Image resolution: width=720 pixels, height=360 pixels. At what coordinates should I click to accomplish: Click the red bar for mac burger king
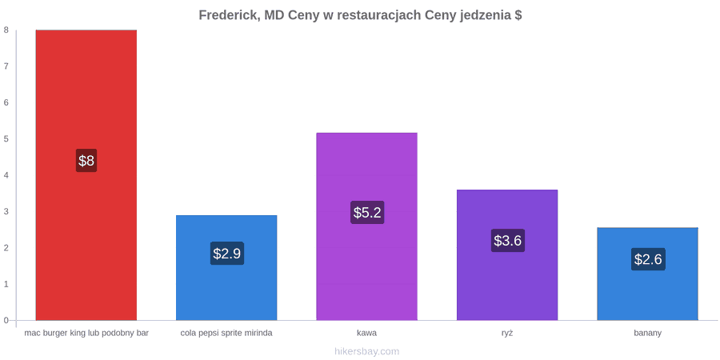pos(86,175)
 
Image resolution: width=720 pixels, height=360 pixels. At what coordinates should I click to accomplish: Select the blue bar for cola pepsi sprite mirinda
pos(226,268)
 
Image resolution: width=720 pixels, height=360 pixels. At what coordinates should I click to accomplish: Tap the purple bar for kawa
pos(367,226)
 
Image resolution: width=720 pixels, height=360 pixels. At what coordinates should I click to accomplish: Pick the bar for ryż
pos(507,255)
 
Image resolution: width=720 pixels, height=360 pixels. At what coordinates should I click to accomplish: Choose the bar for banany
pos(647,274)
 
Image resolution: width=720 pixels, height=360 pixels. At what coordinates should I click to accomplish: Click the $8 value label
pos(86,161)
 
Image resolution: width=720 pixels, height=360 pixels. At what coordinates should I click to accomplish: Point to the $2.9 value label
pos(227,253)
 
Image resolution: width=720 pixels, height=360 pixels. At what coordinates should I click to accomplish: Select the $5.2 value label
pos(367,212)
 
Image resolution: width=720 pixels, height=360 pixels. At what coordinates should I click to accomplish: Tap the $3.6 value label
pos(508,240)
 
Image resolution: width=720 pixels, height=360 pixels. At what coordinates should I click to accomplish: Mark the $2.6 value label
pos(648,259)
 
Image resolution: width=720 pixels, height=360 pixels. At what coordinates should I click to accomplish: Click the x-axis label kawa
pos(367,333)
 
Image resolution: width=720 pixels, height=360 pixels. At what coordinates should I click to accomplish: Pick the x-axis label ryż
pos(507,334)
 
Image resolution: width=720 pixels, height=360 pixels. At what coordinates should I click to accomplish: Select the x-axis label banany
pos(648,334)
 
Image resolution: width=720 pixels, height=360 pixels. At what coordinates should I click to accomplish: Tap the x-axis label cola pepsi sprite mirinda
pos(226,334)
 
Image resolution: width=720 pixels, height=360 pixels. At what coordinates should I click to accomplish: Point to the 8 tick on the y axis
pos(6,30)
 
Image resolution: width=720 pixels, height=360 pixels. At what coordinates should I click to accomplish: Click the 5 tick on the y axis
pos(6,138)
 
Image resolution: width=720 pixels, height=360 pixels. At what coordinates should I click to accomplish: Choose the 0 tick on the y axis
pos(6,320)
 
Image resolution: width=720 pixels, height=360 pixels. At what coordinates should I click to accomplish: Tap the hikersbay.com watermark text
pos(367,352)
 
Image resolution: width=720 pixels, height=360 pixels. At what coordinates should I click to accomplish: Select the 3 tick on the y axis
pos(6,211)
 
